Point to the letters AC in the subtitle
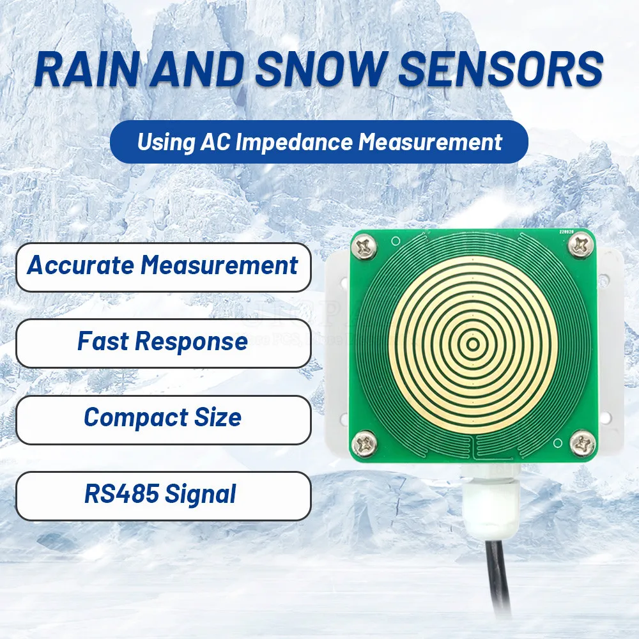(x=217, y=141)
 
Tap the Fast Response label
(x=162, y=341)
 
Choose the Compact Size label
(x=162, y=417)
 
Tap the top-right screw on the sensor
(x=580, y=243)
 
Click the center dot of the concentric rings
(x=473, y=344)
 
